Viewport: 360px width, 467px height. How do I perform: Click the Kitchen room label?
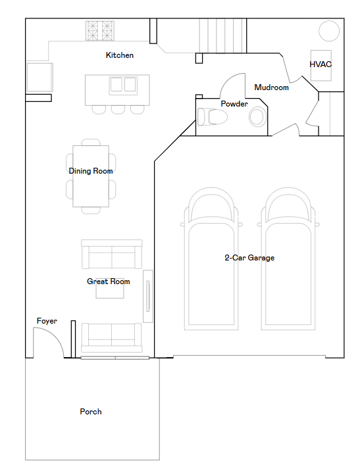(x=120, y=55)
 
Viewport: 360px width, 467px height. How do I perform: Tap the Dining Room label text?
(x=91, y=171)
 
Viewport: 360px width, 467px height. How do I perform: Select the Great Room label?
(x=109, y=282)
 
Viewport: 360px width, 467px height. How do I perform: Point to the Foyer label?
(x=47, y=321)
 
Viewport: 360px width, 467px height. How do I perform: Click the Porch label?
(x=91, y=412)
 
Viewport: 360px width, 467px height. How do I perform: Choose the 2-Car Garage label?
(x=249, y=258)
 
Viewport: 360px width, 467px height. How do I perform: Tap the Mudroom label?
(x=272, y=87)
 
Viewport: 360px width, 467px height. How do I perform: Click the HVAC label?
(x=321, y=64)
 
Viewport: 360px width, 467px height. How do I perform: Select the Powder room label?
(x=234, y=104)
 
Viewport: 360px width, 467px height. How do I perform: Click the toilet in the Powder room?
(x=212, y=116)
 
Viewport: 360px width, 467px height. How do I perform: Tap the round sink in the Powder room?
(x=257, y=116)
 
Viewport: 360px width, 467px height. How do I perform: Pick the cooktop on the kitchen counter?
(x=100, y=30)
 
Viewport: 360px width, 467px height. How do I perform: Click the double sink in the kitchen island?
(x=123, y=86)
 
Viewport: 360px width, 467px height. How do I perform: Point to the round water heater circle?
(x=329, y=31)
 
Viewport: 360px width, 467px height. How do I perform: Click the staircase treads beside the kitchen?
(x=222, y=36)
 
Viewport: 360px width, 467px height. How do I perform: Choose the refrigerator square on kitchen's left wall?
(x=39, y=77)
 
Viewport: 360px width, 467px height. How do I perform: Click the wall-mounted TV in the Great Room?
(x=148, y=297)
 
